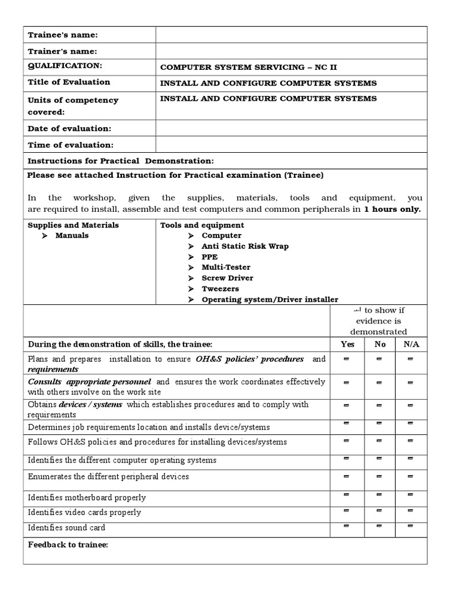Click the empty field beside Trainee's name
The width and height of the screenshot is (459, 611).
291,35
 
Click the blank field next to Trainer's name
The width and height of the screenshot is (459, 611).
291,51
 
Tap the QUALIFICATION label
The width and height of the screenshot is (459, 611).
65,66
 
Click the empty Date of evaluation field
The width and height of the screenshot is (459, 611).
291,128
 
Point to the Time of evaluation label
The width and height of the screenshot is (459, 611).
70,145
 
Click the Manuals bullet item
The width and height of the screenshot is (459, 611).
72,236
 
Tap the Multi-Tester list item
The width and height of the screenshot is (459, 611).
226,268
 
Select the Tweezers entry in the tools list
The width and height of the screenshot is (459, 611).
220,289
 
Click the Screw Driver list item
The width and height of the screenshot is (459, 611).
227,279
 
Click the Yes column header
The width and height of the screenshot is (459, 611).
347,344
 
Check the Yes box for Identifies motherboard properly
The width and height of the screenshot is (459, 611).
347,495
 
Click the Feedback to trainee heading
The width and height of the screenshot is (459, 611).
68,545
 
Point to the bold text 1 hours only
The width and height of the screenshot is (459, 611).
392,209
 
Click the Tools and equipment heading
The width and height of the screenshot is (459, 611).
202,226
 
